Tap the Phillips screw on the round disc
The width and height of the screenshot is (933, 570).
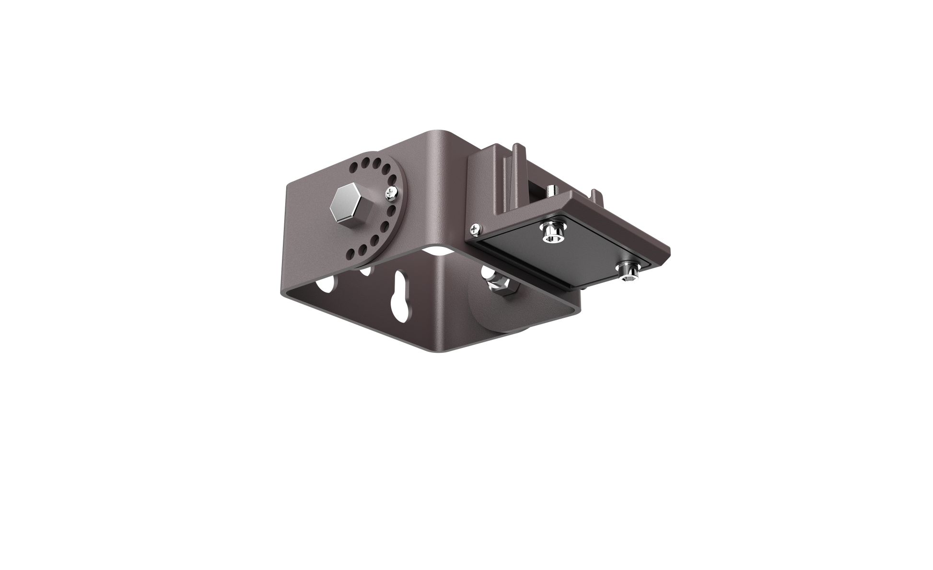coord(391,193)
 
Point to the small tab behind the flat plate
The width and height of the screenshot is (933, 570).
coord(596,195)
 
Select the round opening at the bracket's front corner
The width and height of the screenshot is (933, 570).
coord(437,249)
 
